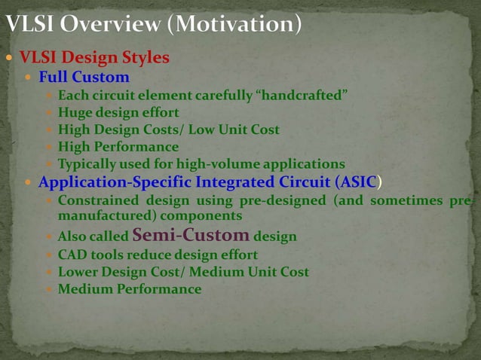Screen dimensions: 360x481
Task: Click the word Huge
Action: coord(74,113)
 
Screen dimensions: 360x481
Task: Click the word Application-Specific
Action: coord(112,182)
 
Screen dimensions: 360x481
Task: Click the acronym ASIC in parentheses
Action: coord(356,182)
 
